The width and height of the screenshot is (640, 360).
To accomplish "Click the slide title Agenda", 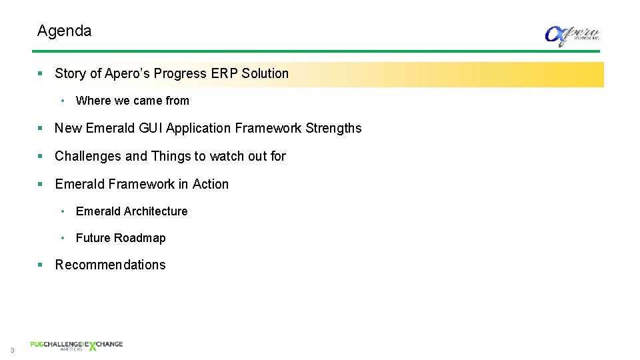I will click(x=64, y=31).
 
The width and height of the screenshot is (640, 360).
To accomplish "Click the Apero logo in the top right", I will click(x=572, y=35).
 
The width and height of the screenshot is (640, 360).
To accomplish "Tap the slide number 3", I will click(x=12, y=351).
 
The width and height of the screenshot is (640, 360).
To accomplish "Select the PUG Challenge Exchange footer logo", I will click(x=76, y=345).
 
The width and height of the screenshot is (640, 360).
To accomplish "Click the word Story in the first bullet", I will click(x=71, y=73).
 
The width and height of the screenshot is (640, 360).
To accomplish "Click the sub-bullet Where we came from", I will click(x=132, y=101).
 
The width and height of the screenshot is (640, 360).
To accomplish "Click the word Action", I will click(x=211, y=184).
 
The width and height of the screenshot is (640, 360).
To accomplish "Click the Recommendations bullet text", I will click(x=110, y=265).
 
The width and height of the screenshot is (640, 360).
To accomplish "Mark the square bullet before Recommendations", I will click(x=41, y=265).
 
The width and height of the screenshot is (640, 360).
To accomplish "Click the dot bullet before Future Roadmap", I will click(x=62, y=238).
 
